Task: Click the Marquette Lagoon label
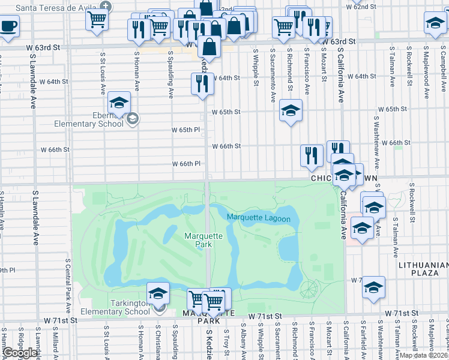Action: [259, 218]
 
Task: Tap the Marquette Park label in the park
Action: [203, 240]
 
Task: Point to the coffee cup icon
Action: [8, 27]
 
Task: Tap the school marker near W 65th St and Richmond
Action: [291, 111]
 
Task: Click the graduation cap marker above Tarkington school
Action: [158, 293]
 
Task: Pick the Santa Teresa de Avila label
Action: [57, 8]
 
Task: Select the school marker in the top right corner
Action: [434, 23]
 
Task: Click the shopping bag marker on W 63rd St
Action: [209, 46]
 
